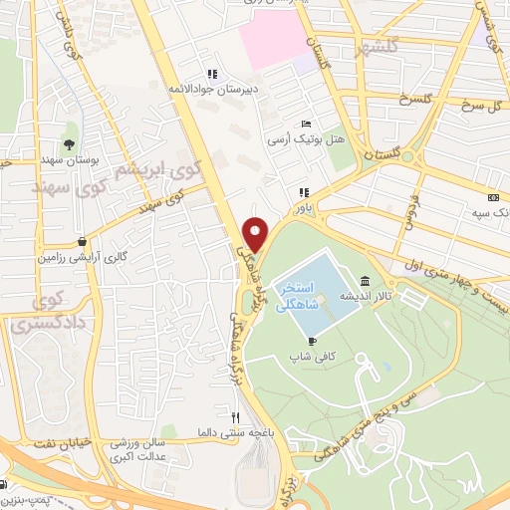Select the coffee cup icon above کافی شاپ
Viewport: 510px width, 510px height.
coord(312,341)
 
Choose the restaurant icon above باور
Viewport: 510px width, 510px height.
coord(303,193)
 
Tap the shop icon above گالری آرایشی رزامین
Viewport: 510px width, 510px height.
coord(79,241)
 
